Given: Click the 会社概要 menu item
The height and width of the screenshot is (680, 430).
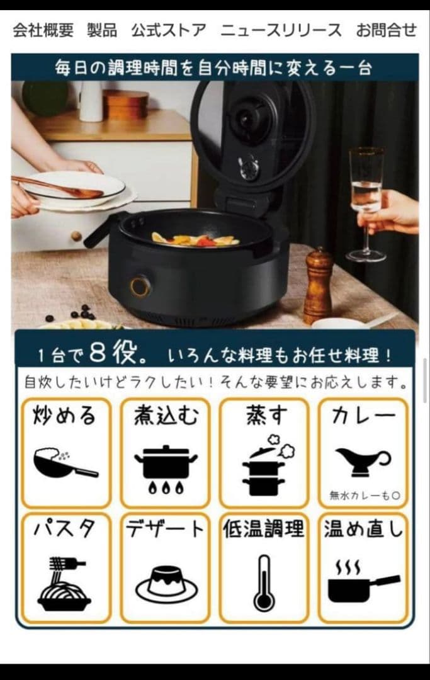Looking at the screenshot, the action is click(43, 30).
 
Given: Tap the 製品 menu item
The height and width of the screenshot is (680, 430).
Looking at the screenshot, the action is click(102, 30).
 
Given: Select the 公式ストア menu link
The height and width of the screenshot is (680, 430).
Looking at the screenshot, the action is click(169, 30).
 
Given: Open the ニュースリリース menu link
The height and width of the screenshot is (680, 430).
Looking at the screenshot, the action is click(281, 30).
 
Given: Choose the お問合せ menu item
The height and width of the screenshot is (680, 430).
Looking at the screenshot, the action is click(386, 30).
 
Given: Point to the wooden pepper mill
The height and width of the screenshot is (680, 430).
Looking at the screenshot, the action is click(318, 286).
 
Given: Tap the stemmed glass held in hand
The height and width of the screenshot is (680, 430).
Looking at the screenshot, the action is click(366, 204).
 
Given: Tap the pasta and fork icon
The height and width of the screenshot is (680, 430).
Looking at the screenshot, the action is click(65, 584).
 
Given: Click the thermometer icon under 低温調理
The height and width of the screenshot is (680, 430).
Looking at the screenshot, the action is click(264, 583).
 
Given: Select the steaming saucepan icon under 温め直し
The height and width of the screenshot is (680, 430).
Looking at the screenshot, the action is click(363, 581).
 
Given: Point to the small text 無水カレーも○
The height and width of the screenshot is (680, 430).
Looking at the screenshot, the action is click(365, 496).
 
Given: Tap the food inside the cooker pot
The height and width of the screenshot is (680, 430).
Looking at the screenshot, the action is click(195, 239).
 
